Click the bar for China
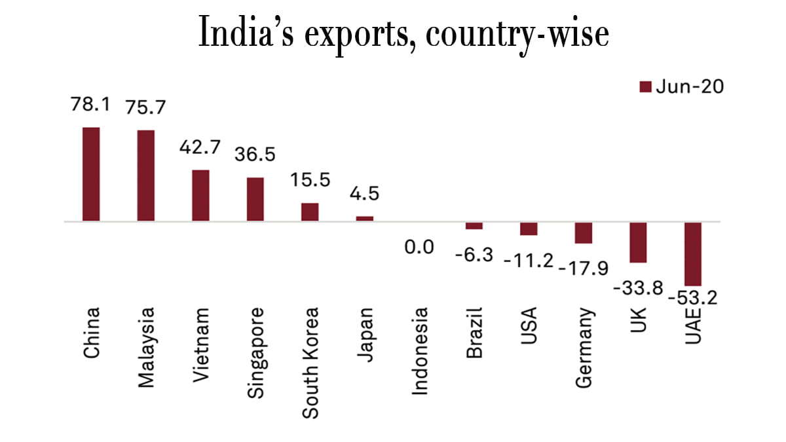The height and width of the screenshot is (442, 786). pos(91,174)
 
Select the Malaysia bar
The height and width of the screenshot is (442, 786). pos(145,175)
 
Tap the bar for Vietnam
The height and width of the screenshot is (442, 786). pos(200,196)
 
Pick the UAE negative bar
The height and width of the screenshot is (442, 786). pos(693,253)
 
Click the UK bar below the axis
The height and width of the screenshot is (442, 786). pos(638,242)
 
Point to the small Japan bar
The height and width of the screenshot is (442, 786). pos(365,219)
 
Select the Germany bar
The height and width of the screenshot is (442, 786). pos(584,232)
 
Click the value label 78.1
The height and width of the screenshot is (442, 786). pos(91,105)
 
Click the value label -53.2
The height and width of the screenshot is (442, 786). pos(693,298)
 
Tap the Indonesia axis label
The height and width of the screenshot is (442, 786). pos(419,350)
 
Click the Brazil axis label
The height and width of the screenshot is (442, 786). pos(474,332)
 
